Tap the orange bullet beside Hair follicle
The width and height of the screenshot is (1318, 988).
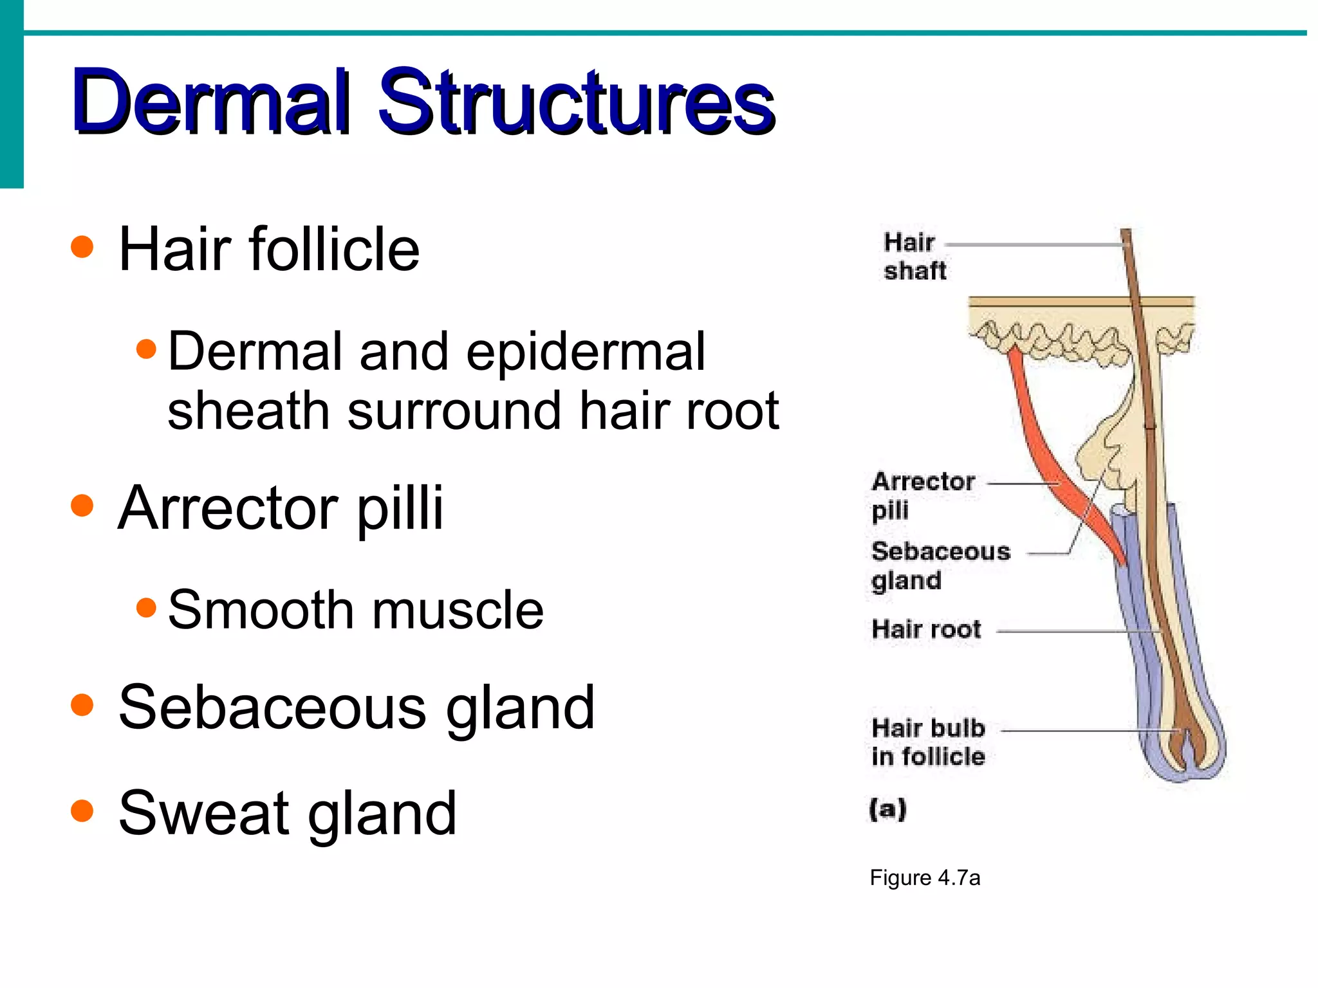[82, 247]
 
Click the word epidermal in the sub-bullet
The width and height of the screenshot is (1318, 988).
[586, 352]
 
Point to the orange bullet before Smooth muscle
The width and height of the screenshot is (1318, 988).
[147, 607]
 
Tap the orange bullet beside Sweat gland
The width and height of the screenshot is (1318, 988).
[82, 811]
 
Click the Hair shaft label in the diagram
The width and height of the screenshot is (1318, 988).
[914, 256]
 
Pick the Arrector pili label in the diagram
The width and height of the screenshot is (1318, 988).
[922, 495]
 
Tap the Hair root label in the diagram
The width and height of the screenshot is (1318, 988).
[925, 629]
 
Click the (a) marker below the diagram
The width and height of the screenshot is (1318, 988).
[887, 809]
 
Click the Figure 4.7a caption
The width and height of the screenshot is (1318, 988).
[924, 878]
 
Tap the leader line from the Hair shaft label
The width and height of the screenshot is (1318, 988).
[1030, 245]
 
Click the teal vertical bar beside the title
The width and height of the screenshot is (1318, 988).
[12, 94]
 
